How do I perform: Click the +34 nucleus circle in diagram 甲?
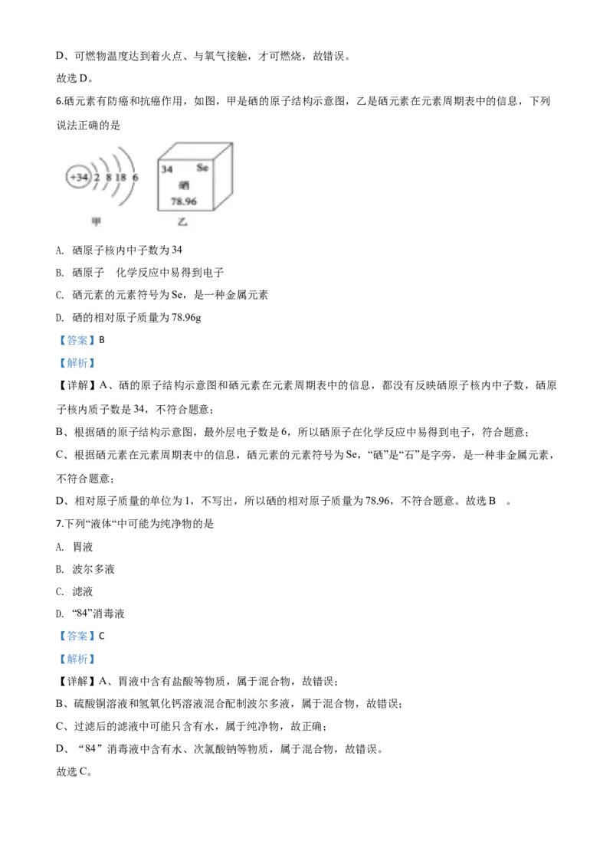click(x=79, y=177)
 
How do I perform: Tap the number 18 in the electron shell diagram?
click(x=120, y=177)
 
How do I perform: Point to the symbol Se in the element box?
click(x=202, y=167)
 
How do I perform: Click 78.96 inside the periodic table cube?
click(x=184, y=201)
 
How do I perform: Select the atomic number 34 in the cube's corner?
click(x=166, y=169)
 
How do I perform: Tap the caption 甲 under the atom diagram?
click(x=97, y=221)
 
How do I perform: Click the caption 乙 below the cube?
click(x=182, y=221)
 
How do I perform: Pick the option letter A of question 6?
click(x=59, y=250)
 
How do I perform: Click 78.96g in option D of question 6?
click(x=186, y=318)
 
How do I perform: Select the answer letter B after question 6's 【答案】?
click(x=102, y=340)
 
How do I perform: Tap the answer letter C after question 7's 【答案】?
click(x=102, y=636)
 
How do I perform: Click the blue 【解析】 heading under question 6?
click(x=77, y=363)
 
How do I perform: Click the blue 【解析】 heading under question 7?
click(x=77, y=659)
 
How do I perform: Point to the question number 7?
click(x=59, y=524)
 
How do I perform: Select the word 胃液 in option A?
click(x=83, y=547)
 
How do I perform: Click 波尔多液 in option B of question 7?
click(x=93, y=569)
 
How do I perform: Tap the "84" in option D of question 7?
click(x=83, y=613)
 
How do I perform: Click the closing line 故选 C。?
click(x=74, y=771)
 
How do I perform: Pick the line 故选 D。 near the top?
click(x=74, y=79)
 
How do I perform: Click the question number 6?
click(x=59, y=101)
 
